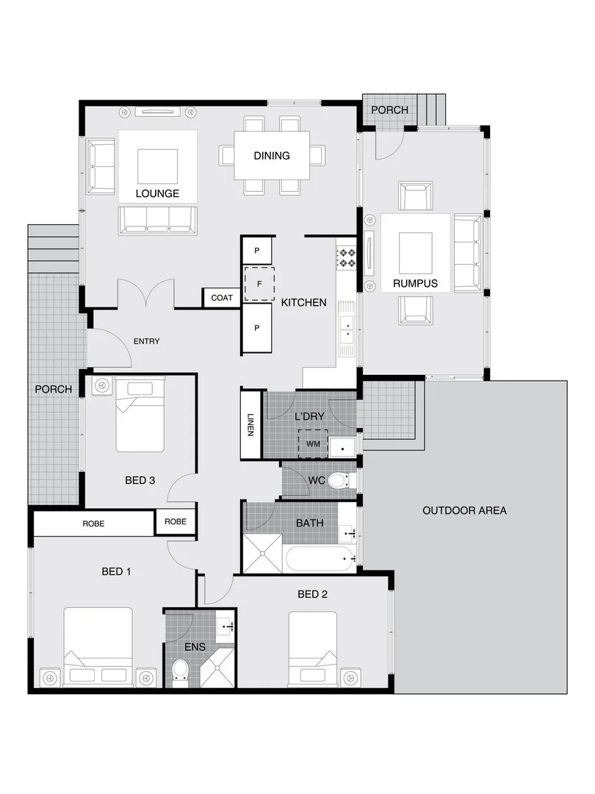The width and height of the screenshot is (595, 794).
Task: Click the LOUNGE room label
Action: point(157,194)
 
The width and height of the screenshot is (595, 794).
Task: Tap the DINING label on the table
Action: point(271,155)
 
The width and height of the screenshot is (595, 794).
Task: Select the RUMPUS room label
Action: point(415,283)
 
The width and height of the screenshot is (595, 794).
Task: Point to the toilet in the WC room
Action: point(339,481)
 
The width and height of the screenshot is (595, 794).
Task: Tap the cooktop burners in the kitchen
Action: point(346,257)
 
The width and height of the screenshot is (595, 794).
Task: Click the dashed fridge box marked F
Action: point(259,284)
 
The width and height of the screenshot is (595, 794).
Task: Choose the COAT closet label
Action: point(222,298)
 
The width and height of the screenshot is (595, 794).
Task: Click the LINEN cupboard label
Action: point(250,424)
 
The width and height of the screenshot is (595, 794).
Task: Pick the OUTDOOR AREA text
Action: point(464,510)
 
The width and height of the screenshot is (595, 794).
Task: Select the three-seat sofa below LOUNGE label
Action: point(158,220)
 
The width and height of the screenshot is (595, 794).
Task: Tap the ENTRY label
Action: point(146,341)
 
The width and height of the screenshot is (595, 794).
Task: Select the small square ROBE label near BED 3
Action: point(176,521)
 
